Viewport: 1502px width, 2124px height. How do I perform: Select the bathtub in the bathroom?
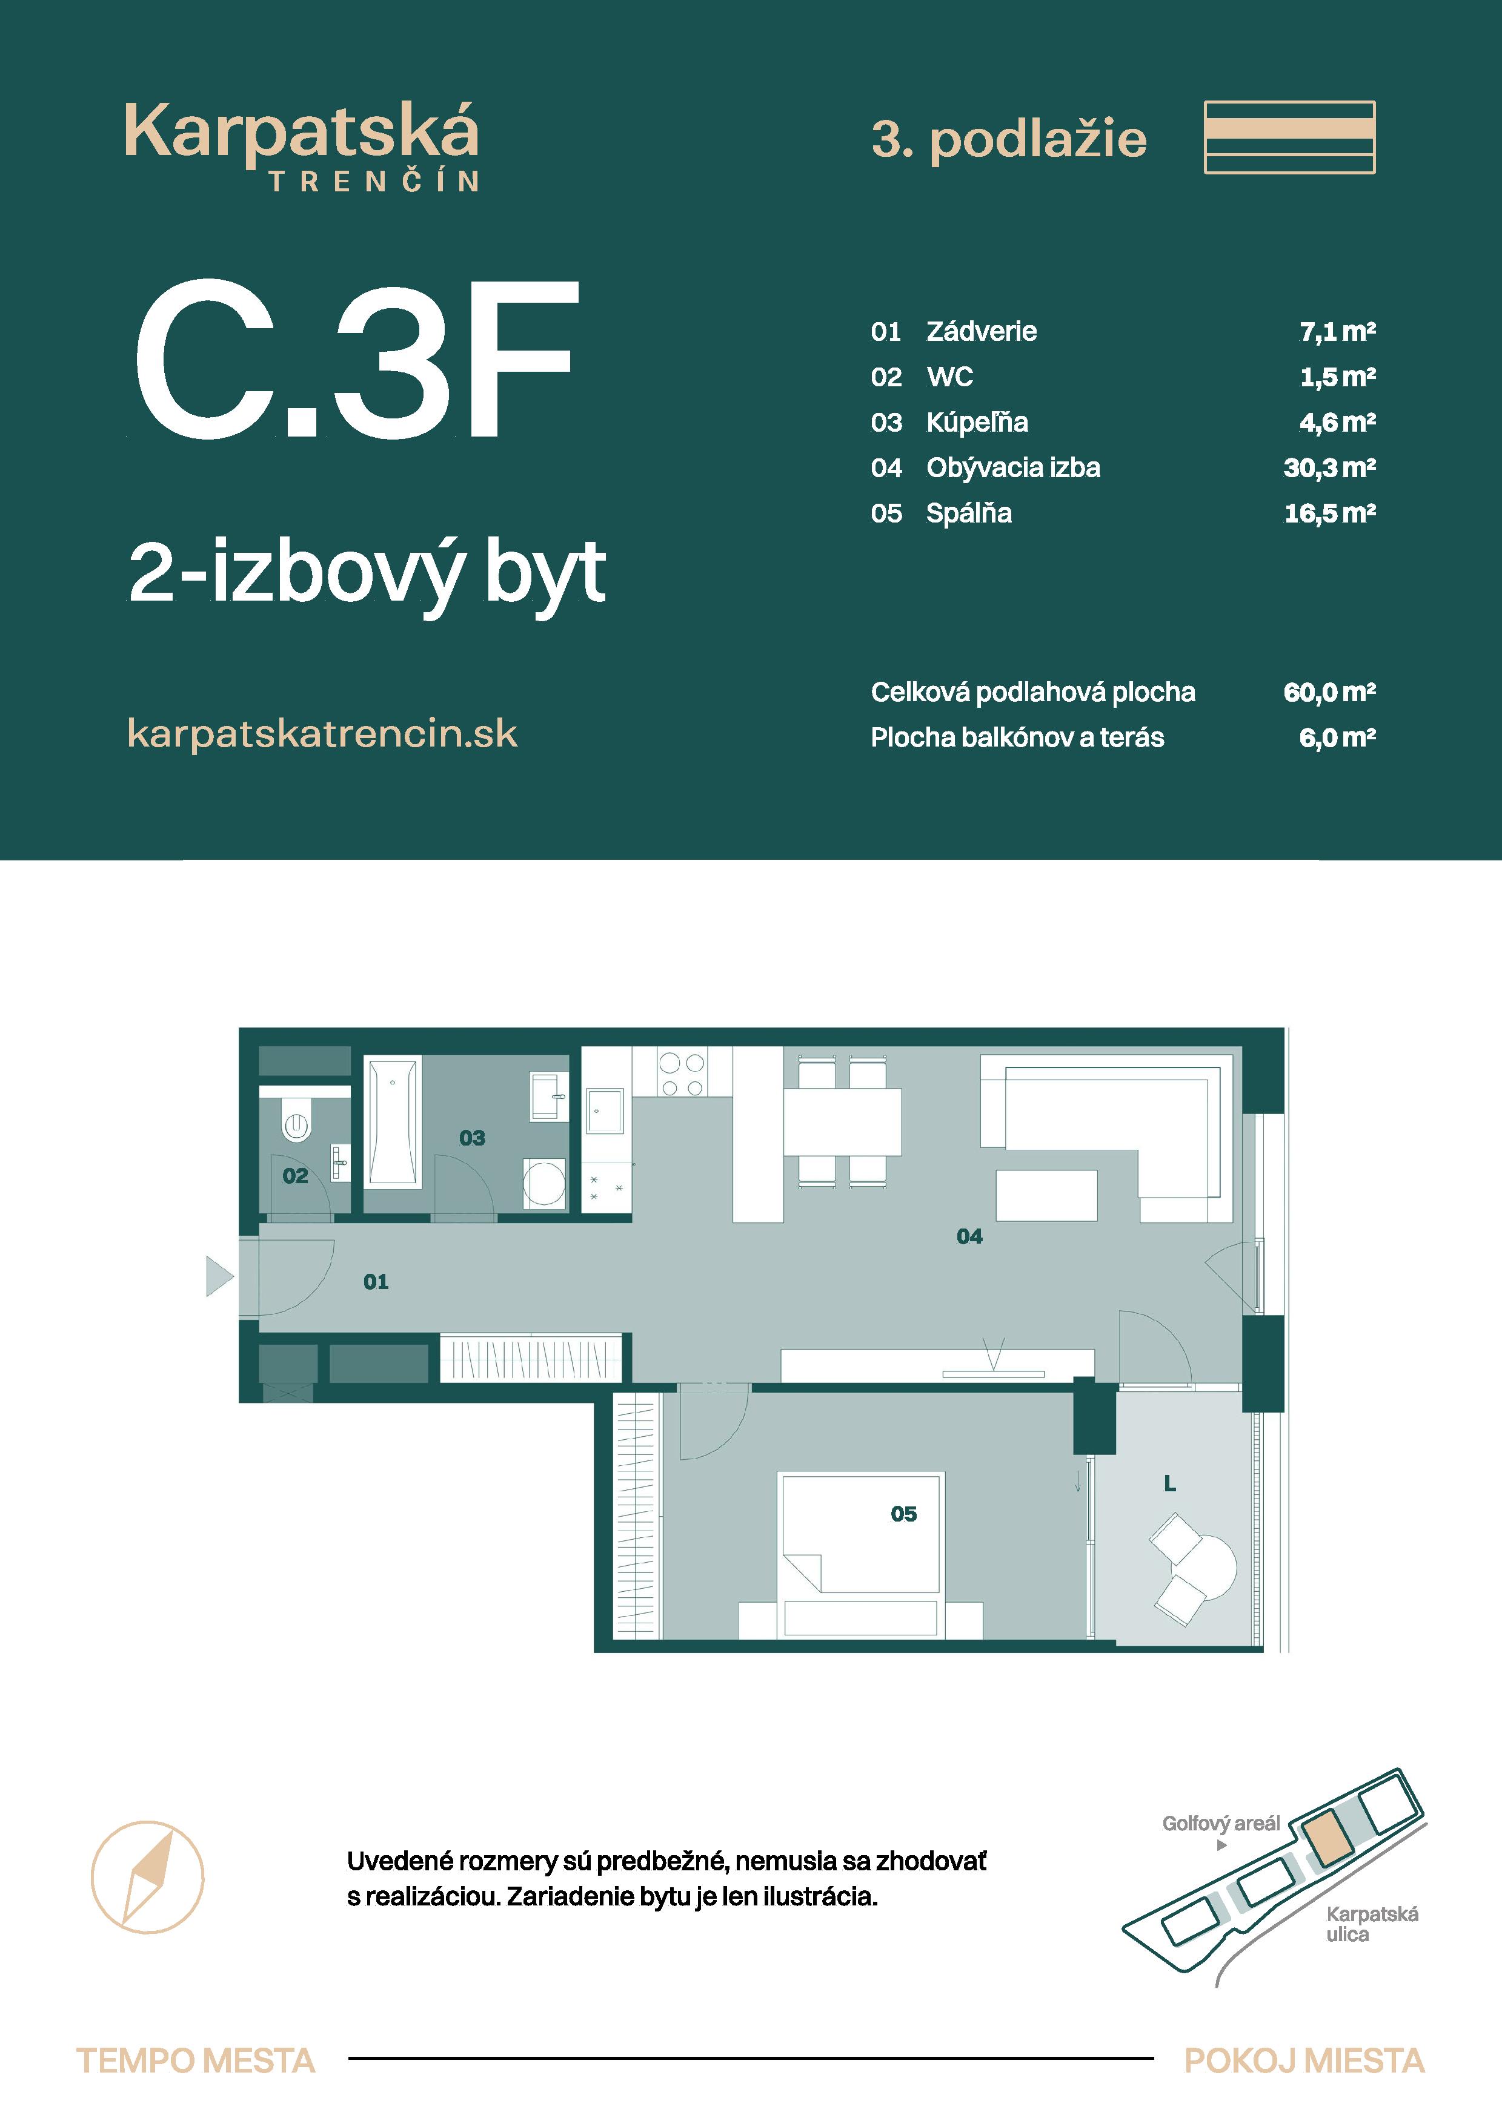click(393, 1122)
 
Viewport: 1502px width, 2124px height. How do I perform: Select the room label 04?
click(969, 1237)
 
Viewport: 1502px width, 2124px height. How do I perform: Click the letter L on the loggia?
click(1170, 1485)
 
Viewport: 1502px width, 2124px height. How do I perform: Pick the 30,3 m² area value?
click(1329, 468)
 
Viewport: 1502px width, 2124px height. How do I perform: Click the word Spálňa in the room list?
click(968, 513)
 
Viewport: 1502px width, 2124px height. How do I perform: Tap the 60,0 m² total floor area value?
click(1329, 692)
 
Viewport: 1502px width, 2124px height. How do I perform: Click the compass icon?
click(147, 1877)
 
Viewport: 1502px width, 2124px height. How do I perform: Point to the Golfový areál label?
click(1221, 1823)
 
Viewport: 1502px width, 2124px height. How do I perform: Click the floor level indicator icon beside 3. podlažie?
click(1289, 138)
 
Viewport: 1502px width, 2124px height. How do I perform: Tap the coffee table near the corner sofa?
click(1046, 1195)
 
